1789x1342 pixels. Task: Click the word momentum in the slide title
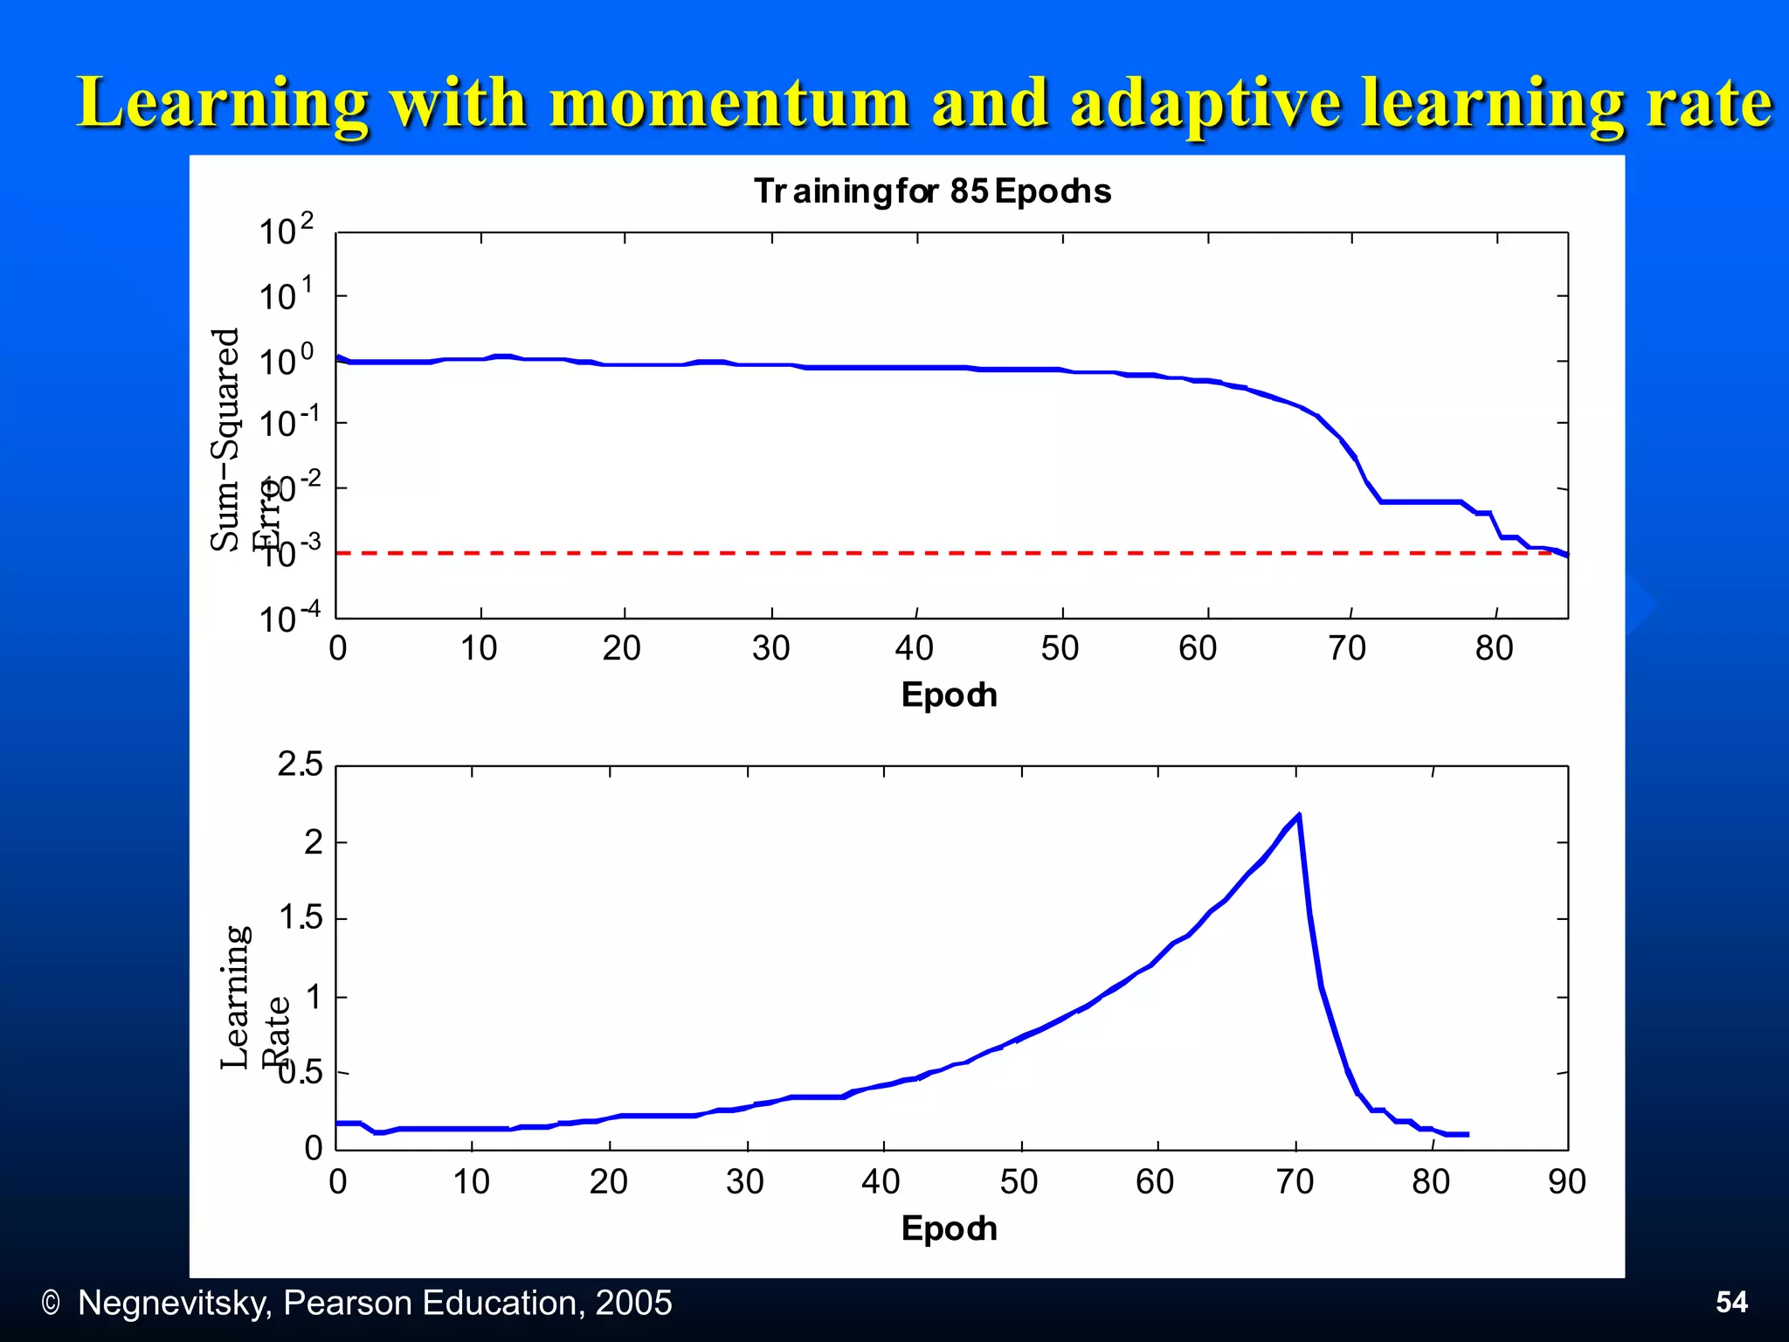click(729, 103)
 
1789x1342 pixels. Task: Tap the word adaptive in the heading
click(1205, 103)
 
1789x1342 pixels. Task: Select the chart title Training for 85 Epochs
click(932, 191)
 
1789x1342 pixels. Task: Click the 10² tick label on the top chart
click(286, 232)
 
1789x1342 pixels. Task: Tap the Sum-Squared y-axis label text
click(225, 439)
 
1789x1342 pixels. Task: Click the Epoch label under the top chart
click(949, 695)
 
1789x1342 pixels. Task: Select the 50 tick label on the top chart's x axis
click(1060, 648)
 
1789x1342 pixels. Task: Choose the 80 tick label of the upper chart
click(1494, 648)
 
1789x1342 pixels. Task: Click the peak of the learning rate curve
click(1299, 814)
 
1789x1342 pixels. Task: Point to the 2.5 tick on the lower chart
click(300, 764)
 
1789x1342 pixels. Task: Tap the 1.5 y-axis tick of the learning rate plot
click(300, 918)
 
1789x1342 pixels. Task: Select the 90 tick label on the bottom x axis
click(1566, 1182)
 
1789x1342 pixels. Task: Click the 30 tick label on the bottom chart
click(745, 1182)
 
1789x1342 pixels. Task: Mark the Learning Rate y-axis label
click(236, 997)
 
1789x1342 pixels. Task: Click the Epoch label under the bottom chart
click(949, 1229)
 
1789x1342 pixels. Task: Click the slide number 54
click(1731, 1303)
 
